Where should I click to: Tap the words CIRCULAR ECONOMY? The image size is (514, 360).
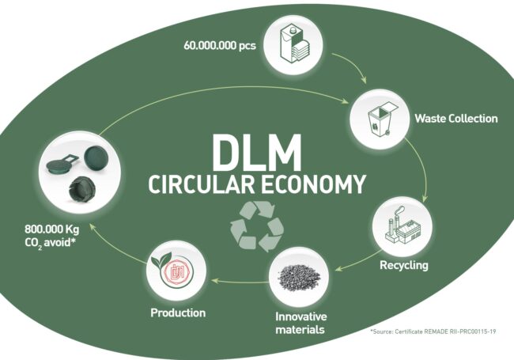[257, 184]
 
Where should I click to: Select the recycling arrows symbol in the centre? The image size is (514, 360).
[256, 224]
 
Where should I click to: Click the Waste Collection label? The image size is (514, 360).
[456, 119]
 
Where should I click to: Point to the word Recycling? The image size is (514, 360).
[403, 265]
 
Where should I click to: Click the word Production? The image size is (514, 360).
[178, 313]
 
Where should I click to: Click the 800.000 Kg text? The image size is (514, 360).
[47, 235]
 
